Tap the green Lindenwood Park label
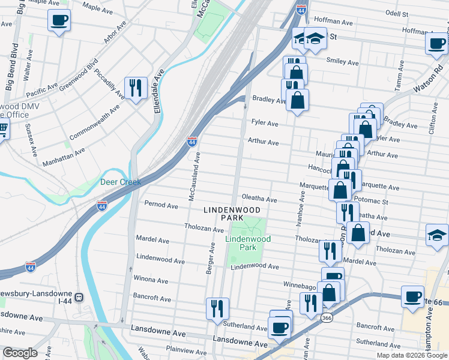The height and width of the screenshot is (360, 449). (x=248, y=243)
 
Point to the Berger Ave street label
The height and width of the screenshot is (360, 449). (x=211, y=258)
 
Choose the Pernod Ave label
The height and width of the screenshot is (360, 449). (x=161, y=205)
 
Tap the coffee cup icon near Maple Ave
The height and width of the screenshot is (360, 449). (x=58, y=20)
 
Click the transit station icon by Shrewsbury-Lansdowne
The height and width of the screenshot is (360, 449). (x=78, y=297)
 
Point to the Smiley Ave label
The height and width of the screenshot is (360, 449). (x=342, y=62)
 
